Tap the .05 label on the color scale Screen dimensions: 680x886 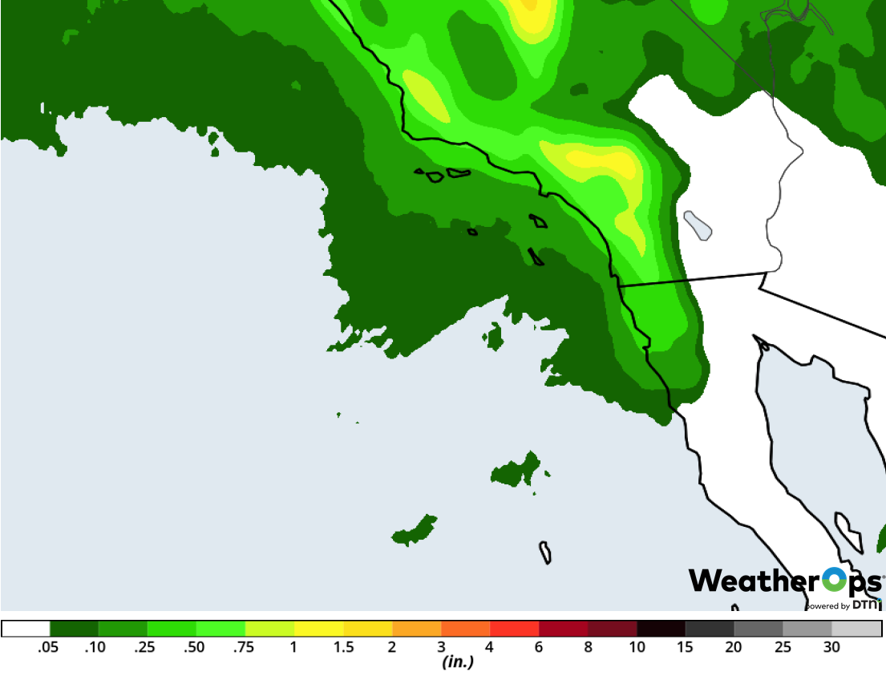click(49, 648)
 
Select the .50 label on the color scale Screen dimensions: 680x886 click(195, 648)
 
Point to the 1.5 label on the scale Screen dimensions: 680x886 click(343, 648)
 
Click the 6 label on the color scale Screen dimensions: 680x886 click(539, 648)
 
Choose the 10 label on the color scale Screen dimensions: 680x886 click(637, 648)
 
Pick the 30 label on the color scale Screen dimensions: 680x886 click(831, 648)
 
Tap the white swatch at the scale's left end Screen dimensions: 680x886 click(26, 629)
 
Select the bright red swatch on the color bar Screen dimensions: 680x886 click(514, 629)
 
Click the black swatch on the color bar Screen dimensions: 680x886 click(661, 629)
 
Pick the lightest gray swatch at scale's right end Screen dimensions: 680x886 click(856, 629)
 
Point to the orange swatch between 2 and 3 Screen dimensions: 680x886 click(416, 629)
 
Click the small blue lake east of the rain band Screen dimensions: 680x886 click(698, 225)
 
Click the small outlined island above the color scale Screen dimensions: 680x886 click(545, 552)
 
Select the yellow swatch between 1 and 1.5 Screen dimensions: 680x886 click(318, 629)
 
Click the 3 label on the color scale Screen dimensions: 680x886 click(441, 648)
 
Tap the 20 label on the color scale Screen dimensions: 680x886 click(734, 648)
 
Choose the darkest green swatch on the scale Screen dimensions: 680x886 click(74, 629)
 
